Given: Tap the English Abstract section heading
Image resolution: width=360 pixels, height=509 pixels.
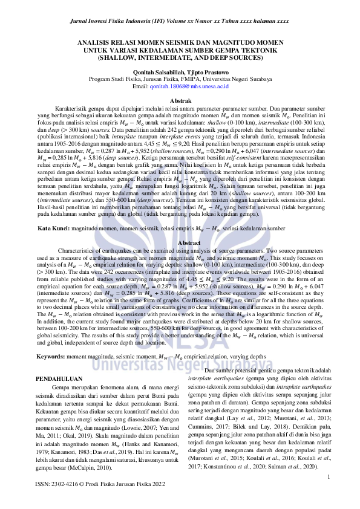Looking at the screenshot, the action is (180, 242).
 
